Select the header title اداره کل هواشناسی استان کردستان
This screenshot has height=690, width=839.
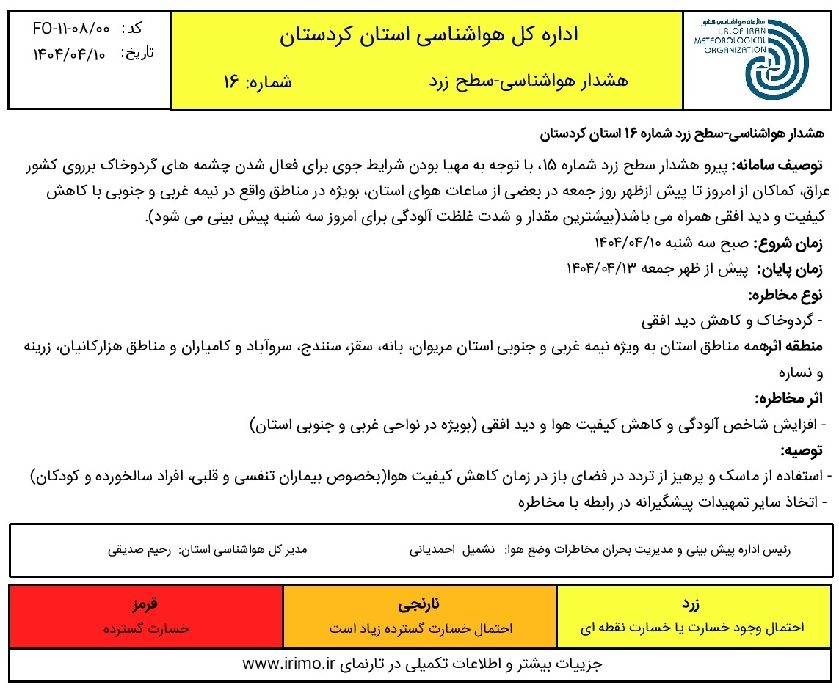pyautogui.click(x=429, y=34)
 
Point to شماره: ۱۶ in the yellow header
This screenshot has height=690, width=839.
pyautogui.click(x=257, y=81)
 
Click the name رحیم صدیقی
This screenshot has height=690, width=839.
pyautogui.click(x=139, y=548)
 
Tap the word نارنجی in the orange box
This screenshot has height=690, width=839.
pyautogui.click(x=421, y=606)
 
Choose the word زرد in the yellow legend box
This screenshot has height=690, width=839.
pyautogui.click(x=691, y=606)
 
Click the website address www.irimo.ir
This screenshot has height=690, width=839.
pyautogui.click(x=288, y=664)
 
